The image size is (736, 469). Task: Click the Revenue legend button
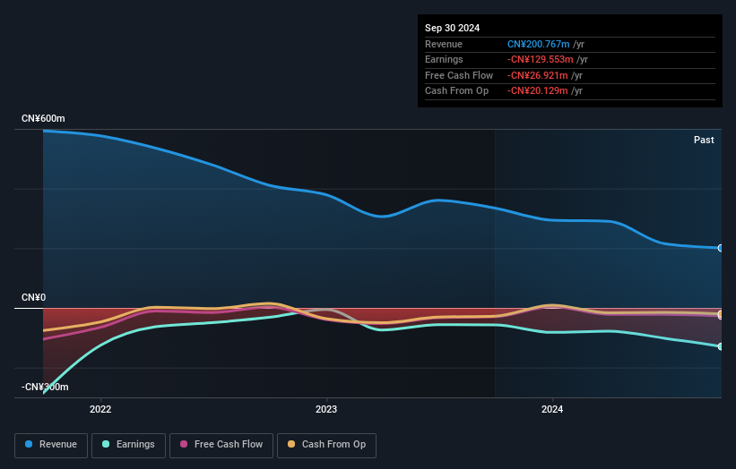(51, 445)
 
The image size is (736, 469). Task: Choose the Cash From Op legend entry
(327, 445)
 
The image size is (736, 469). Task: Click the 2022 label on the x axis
(100, 410)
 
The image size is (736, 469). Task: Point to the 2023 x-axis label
(326, 410)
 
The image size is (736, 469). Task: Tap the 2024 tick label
(552, 410)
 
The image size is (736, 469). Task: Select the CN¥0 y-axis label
(33, 297)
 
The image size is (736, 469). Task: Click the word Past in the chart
(704, 140)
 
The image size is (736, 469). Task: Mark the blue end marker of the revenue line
(720, 248)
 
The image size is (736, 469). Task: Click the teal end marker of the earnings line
(720, 346)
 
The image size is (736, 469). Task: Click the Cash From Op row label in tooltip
(456, 91)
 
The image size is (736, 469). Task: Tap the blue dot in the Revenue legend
(30, 445)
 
